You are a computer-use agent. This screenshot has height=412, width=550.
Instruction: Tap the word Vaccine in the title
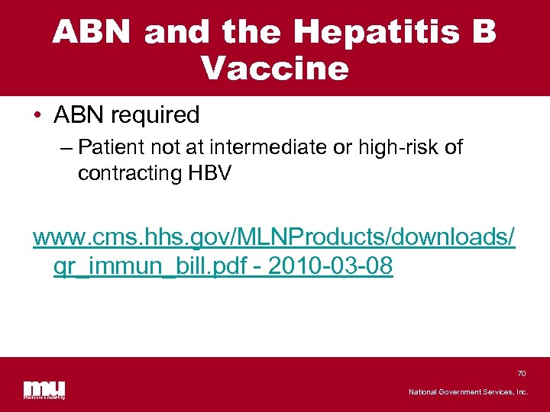click(x=275, y=69)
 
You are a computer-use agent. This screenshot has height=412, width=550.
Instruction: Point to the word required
click(x=155, y=115)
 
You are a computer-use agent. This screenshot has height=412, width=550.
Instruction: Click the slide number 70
click(x=522, y=373)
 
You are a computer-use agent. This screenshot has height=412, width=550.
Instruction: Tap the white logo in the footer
click(x=44, y=389)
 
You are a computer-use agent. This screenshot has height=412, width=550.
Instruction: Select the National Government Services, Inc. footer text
click(x=467, y=391)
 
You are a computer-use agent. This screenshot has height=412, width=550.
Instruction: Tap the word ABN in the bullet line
click(x=79, y=115)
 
